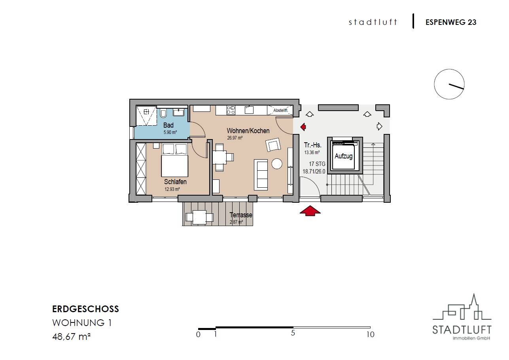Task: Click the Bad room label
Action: tap(168, 125)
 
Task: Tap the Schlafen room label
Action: tap(175, 182)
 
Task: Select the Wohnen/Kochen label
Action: tap(248, 131)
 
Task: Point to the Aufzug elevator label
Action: tap(344, 156)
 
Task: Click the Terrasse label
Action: tap(241, 215)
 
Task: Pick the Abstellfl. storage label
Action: tap(281, 110)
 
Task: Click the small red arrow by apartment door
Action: tap(303, 127)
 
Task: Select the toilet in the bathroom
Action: tap(163, 113)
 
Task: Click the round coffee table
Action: tap(277, 164)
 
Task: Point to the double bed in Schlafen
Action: tap(174, 160)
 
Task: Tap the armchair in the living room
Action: tap(273, 145)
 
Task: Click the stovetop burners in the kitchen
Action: tap(231, 110)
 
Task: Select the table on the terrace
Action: tap(199, 217)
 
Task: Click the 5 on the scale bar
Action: tap(293, 333)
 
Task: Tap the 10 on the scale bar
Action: tap(371, 334)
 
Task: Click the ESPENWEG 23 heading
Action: tap(451, 22)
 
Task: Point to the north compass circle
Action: tap(449, 84)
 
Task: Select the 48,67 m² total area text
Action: tap(71, 336)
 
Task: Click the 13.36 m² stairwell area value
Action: tap(312, 152)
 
